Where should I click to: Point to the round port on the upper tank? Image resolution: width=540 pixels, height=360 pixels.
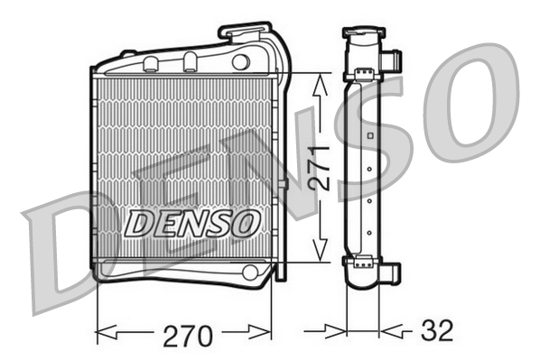(240, 62)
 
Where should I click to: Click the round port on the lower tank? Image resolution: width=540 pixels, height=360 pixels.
(250, 272)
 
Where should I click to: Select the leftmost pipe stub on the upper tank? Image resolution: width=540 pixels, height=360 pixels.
(152, 63)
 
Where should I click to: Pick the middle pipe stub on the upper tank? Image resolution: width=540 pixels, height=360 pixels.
(190, 61)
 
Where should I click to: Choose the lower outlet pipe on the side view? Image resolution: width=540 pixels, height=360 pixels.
(393, 271)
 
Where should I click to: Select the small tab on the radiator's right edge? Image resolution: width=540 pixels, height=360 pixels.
(284, 184)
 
